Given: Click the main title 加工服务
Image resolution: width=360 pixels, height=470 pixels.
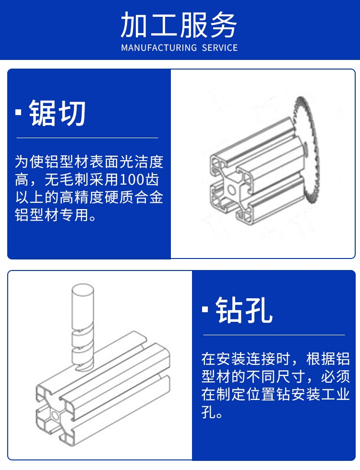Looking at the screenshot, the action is (x=179, y=25).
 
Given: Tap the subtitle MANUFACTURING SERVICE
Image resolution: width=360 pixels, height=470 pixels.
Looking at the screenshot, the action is (x=180, y=47).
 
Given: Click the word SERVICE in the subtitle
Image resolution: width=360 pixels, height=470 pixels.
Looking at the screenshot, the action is (x=220, y=47).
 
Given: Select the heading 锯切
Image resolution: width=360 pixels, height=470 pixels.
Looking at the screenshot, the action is (x=57, y=113).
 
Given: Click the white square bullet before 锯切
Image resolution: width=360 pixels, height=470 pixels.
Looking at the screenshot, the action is (x=19, y=112).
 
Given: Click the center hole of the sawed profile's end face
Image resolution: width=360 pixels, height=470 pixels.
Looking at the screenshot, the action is (x=231, y=189).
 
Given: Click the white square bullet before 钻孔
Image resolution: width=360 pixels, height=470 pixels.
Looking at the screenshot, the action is (x=205, y=310).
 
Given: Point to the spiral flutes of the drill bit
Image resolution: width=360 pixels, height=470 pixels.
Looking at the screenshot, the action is (x=83, y=351).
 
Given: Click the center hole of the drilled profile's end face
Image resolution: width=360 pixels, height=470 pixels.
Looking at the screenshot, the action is (x=55, y=415).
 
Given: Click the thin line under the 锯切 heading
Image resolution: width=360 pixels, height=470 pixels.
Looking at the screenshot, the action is (x=87, y=138).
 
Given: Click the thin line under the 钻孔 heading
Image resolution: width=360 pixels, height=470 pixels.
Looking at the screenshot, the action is (x=274, y=335).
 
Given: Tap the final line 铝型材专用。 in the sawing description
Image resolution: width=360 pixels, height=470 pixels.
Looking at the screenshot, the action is (x=56, y=215).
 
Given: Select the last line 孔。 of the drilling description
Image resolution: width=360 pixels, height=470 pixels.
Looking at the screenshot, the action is (x=212, y=412).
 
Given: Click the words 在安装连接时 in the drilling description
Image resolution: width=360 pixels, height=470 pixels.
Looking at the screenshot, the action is (x=246, y=359).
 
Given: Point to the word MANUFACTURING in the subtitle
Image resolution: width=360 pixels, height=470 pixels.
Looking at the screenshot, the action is (x=159, y=47).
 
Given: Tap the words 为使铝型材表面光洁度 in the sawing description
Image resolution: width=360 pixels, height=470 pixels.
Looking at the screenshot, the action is (x=89, y=162).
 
